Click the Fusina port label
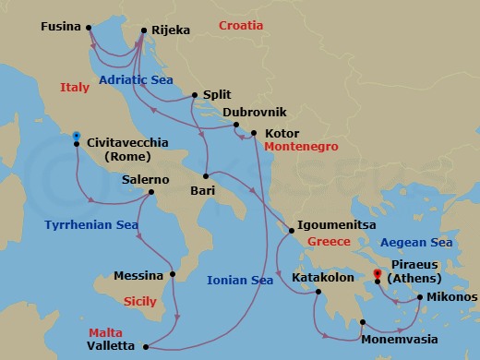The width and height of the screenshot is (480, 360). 61,28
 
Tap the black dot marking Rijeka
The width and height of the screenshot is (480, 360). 144,30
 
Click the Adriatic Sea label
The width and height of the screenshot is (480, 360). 130,80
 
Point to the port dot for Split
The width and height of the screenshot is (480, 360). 195,94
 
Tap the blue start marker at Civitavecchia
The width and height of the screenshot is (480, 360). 76,136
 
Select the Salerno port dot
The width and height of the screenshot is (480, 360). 150,193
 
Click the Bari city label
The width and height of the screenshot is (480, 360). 202,191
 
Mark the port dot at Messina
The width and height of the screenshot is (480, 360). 173,274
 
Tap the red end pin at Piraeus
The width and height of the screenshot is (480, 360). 378,273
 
